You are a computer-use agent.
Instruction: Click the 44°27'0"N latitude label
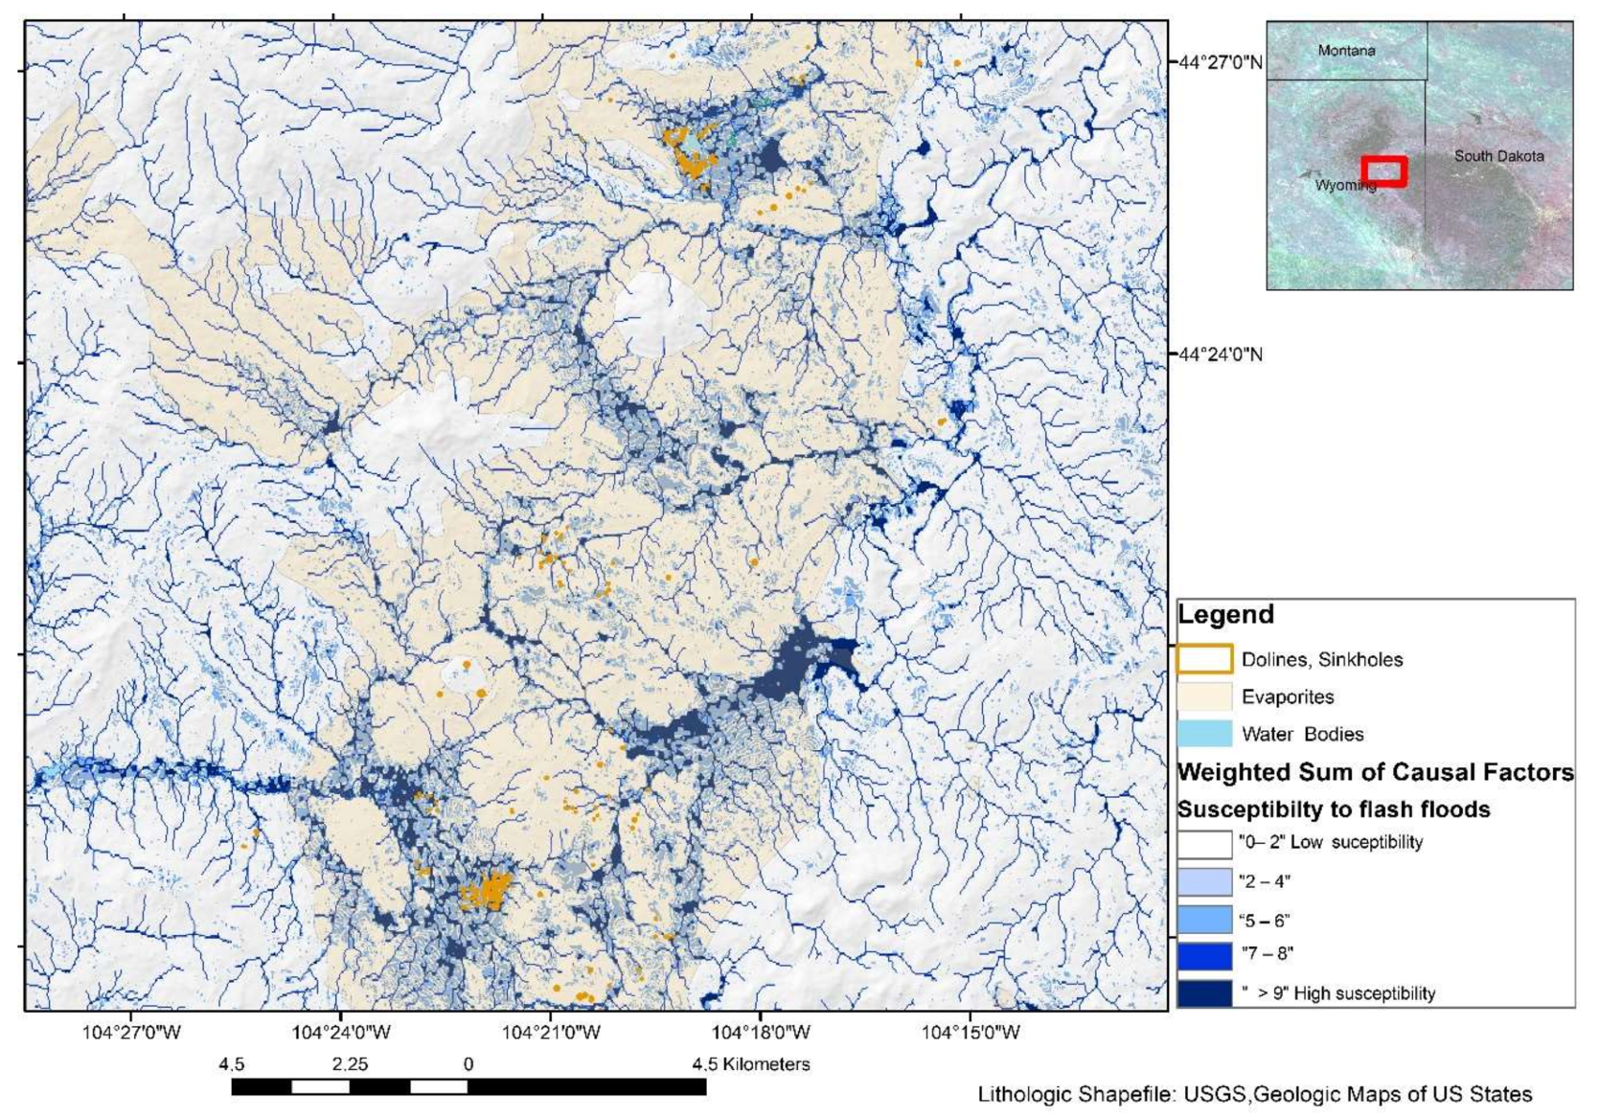tap(1220, 62)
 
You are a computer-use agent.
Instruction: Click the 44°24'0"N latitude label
tap(1220, 354)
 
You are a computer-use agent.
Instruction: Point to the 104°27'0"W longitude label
tap(131, 1032)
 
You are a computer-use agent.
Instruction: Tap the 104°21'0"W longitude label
tap(551, 1032)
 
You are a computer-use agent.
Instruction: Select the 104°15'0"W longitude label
tap(971, 1032)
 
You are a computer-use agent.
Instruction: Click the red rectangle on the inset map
tap(1384, 171)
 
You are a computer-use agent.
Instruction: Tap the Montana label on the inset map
tap(1346, 51)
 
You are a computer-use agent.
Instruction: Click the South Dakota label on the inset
tap(1498, 156)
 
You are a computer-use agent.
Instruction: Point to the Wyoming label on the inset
tap(1344, 185)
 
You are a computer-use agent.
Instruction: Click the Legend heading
tap(1225, 615)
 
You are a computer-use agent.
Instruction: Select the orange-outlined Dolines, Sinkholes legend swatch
tap(1204, 659)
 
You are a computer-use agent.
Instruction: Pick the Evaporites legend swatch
tap(1204, 696)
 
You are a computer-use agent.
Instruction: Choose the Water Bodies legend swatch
tap(1204, 734)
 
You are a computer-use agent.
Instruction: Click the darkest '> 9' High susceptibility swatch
tap(1204, 992)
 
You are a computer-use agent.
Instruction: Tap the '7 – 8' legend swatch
tap(1204, 955)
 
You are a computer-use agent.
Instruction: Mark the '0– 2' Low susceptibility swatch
tap(1204, 843)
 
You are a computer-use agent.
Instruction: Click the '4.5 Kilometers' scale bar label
tap(751, 1064)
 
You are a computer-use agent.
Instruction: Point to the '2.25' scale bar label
tap(350, 1064)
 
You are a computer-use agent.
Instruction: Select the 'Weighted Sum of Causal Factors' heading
tap(1375, 772)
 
